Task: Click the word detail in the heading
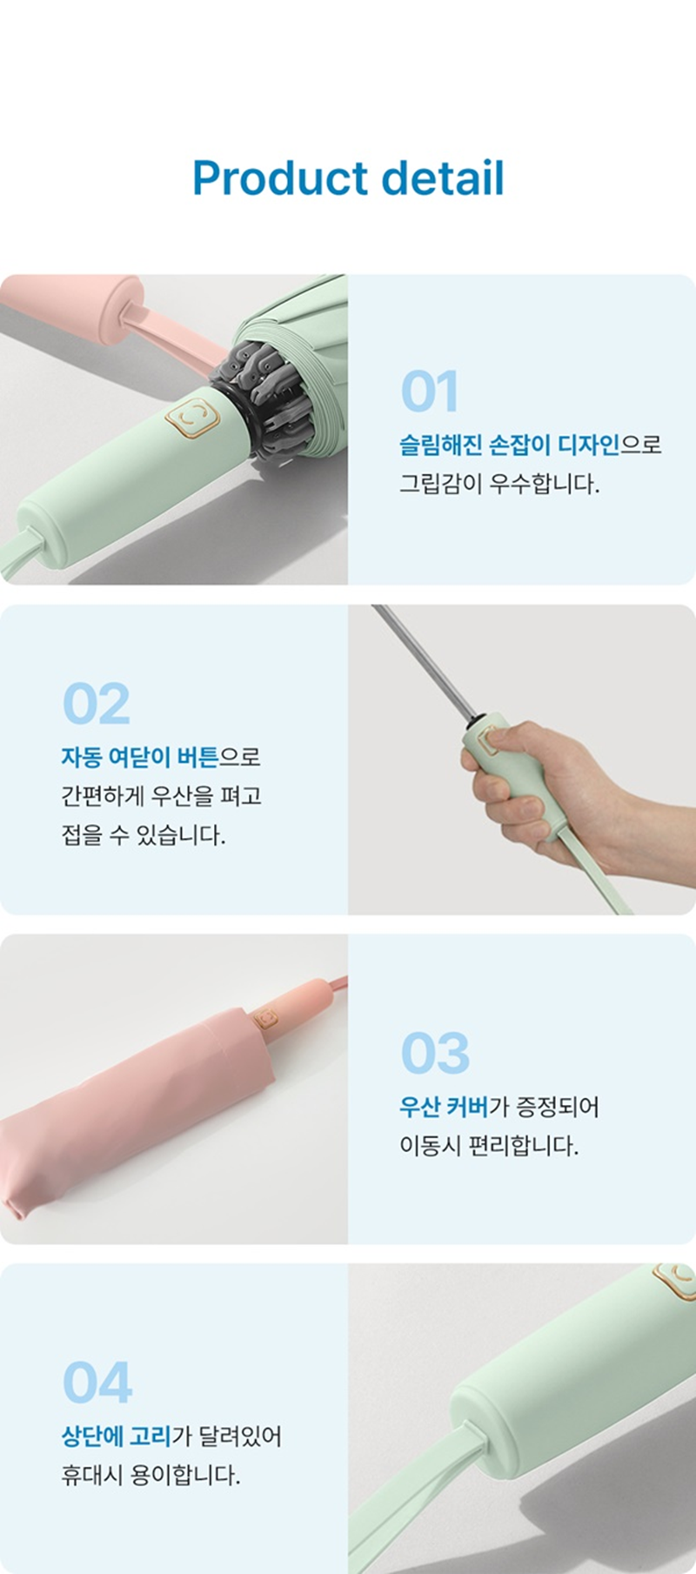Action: click(443, 177)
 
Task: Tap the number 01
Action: click(429, 392)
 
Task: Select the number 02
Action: click(96, 704)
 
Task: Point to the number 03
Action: click(435, 1054)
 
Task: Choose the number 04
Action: click(97, 1383)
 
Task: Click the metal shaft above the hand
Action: click(425, 663)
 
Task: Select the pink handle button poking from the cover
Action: click(266, 1019)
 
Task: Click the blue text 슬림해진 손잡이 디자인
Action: click(510, 445)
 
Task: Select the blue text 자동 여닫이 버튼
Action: click(140, 757)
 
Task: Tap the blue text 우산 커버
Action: click(444, 1107)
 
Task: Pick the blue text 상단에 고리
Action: click(117, 1436)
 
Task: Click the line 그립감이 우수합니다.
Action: click(500, 484)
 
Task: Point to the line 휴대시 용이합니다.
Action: click(151, 1475)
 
